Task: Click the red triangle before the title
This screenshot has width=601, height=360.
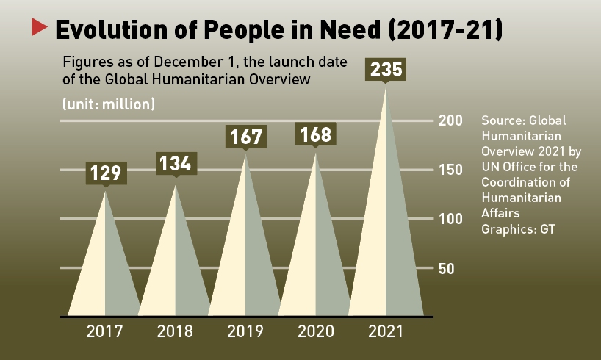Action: point(39,29)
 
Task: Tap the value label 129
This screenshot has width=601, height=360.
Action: point(105,173)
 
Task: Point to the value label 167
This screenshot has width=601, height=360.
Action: point(245,137)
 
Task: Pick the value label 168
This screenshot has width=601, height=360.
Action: point(316,135)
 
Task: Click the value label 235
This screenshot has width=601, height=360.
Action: point(386,70)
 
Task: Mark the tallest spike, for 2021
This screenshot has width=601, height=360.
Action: point(386,220)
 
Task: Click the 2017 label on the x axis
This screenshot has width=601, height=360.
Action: point(105,331)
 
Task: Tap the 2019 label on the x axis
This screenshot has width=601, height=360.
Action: point(245,331)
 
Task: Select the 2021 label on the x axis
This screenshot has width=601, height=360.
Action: point(386,331)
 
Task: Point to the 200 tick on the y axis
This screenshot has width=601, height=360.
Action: point(450,120)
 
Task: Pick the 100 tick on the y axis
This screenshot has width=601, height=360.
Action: point(450,219)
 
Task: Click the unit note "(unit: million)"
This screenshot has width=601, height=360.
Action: point(109,104)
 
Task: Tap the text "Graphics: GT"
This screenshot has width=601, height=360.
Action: point(517,228)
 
